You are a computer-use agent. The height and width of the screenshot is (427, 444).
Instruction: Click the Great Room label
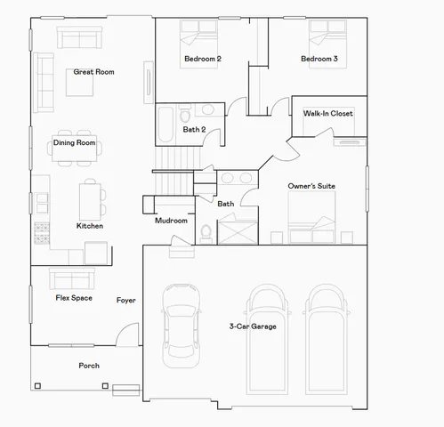click(x=93, y=72)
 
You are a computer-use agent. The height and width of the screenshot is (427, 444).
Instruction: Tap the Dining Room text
click(x=74, y=142)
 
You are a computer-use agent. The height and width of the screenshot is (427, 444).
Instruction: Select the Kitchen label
click(x=89, y=226)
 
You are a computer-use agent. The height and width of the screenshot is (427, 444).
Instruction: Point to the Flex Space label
click(x=74, y=298)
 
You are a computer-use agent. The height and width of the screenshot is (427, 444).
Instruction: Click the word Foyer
click(x=125, y=300)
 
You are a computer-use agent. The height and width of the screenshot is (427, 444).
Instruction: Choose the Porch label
click(x=89, y=366)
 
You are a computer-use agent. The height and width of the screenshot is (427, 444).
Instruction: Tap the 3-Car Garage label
click(x=253, y=326)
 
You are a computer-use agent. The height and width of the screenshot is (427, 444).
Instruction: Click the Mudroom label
click(x=171, y=221)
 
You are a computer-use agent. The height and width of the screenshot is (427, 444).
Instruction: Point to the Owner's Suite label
click(x=311, y=186)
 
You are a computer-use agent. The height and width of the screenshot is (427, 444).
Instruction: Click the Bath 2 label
click(x=195, y=130)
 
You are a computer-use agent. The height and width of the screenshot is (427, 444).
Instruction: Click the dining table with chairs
click(x=74, y=150)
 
